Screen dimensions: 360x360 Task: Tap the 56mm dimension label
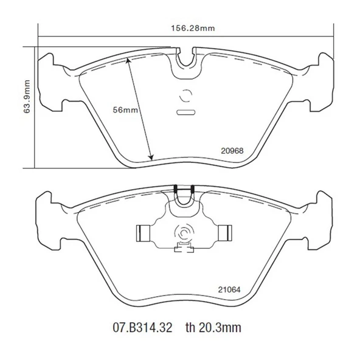pyautogui.click(x=126, y=110)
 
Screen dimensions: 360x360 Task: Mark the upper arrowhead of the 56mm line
pyautogui.click(x=128, y=60)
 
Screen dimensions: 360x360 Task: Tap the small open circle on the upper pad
pyautogui.click(x=184, y=95)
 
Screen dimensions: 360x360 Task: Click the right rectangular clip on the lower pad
pyautogui.click(x=225, y=232)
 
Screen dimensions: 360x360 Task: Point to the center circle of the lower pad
pyautogui.click(x=183, y=232)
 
